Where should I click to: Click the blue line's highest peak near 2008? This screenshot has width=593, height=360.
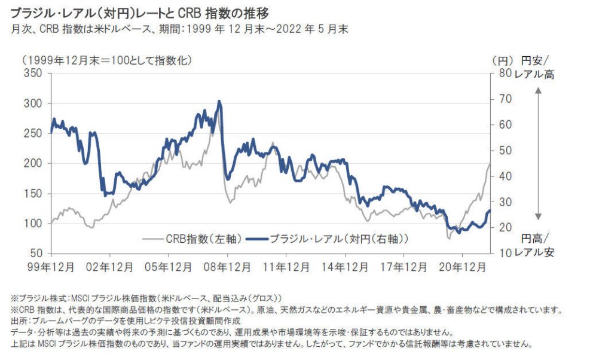click(219, 102)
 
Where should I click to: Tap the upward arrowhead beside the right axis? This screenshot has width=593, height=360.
click(537, 91)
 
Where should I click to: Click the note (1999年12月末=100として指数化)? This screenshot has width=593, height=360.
click(107, 61)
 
